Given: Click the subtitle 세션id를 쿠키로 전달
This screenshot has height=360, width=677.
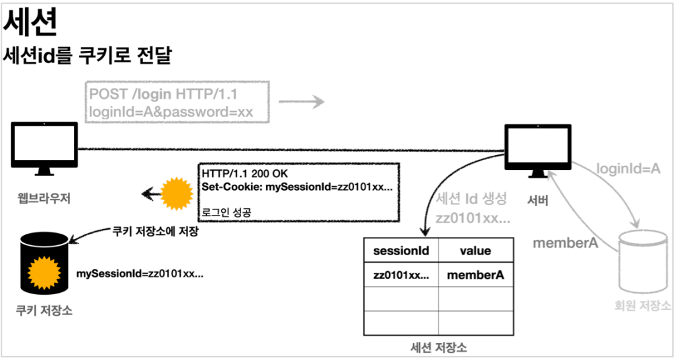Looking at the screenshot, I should click(x=88, y=56).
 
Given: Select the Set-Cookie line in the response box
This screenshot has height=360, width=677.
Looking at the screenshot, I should click(x=297, y=186).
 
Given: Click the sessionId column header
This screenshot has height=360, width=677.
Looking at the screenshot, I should click(x=400, y=251).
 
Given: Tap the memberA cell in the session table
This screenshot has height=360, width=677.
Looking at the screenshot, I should click(x=476, y=274).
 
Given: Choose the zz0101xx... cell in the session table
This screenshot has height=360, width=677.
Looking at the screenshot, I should click(x=400, y=274).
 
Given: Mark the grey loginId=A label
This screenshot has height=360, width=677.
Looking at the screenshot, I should click(x=629, y=170).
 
